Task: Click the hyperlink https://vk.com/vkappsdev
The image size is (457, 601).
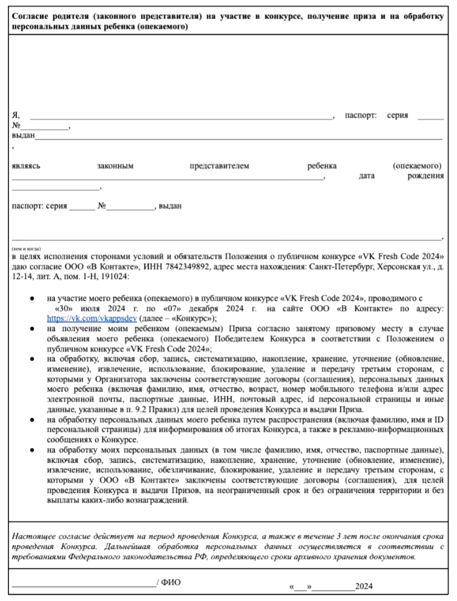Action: pos(92,318)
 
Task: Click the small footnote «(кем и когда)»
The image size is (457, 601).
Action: pos(26,249)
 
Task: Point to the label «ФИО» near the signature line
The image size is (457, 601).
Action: pos(171,583)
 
